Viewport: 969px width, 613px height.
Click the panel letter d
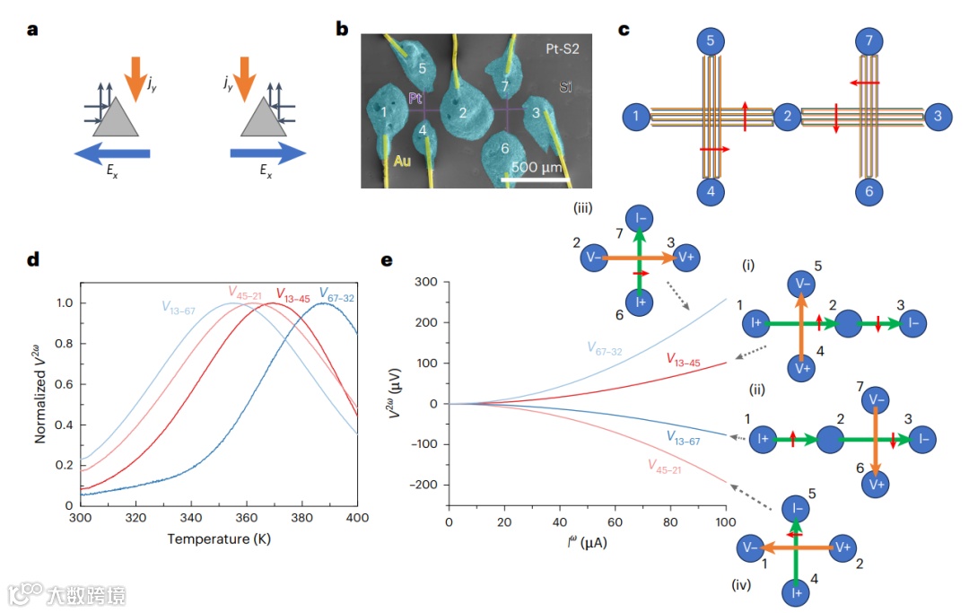pos(33,260)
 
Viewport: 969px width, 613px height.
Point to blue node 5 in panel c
pos(710,41)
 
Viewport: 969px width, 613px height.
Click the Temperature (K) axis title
pos(218,539)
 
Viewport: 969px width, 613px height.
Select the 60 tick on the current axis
pos(615,521)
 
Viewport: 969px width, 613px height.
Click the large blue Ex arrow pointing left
pos(112,154)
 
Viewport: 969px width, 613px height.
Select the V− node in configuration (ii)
pos(876,396)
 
